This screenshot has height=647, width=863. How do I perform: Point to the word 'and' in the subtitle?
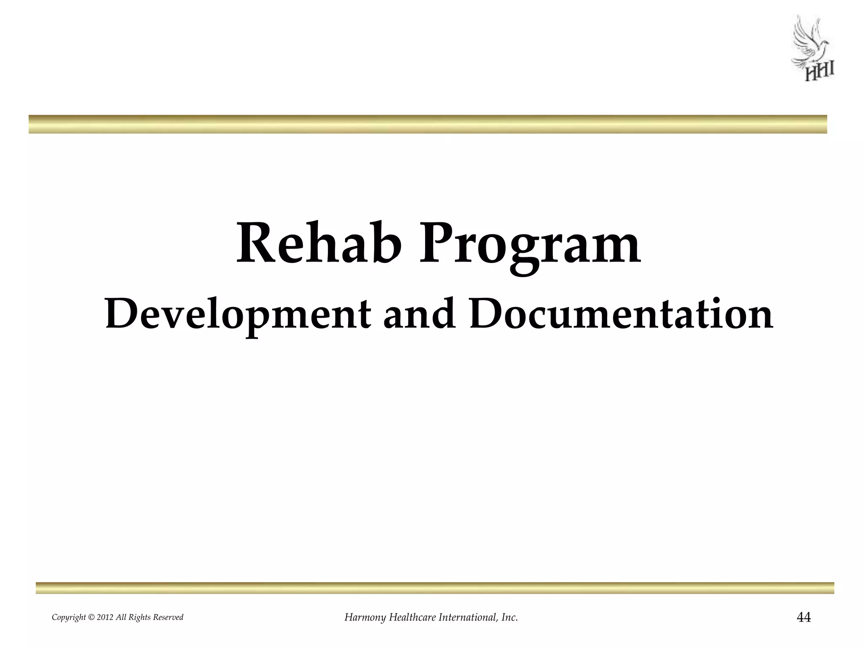point(419,314)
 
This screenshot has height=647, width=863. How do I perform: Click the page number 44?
point(804,618)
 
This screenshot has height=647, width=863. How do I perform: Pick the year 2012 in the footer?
point(105,618)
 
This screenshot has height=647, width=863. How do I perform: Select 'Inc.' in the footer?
point(510,618)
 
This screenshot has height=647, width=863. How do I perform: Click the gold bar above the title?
point(428,124)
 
